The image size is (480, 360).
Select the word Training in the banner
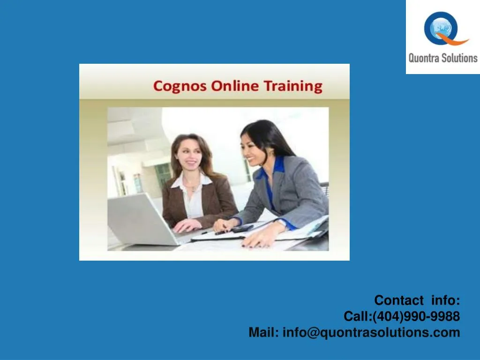tap(293, 87)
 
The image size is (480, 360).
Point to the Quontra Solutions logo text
tap(443, 58)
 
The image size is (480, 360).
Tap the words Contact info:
tap(417, 300)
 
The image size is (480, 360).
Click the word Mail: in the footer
tap(264, 333)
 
